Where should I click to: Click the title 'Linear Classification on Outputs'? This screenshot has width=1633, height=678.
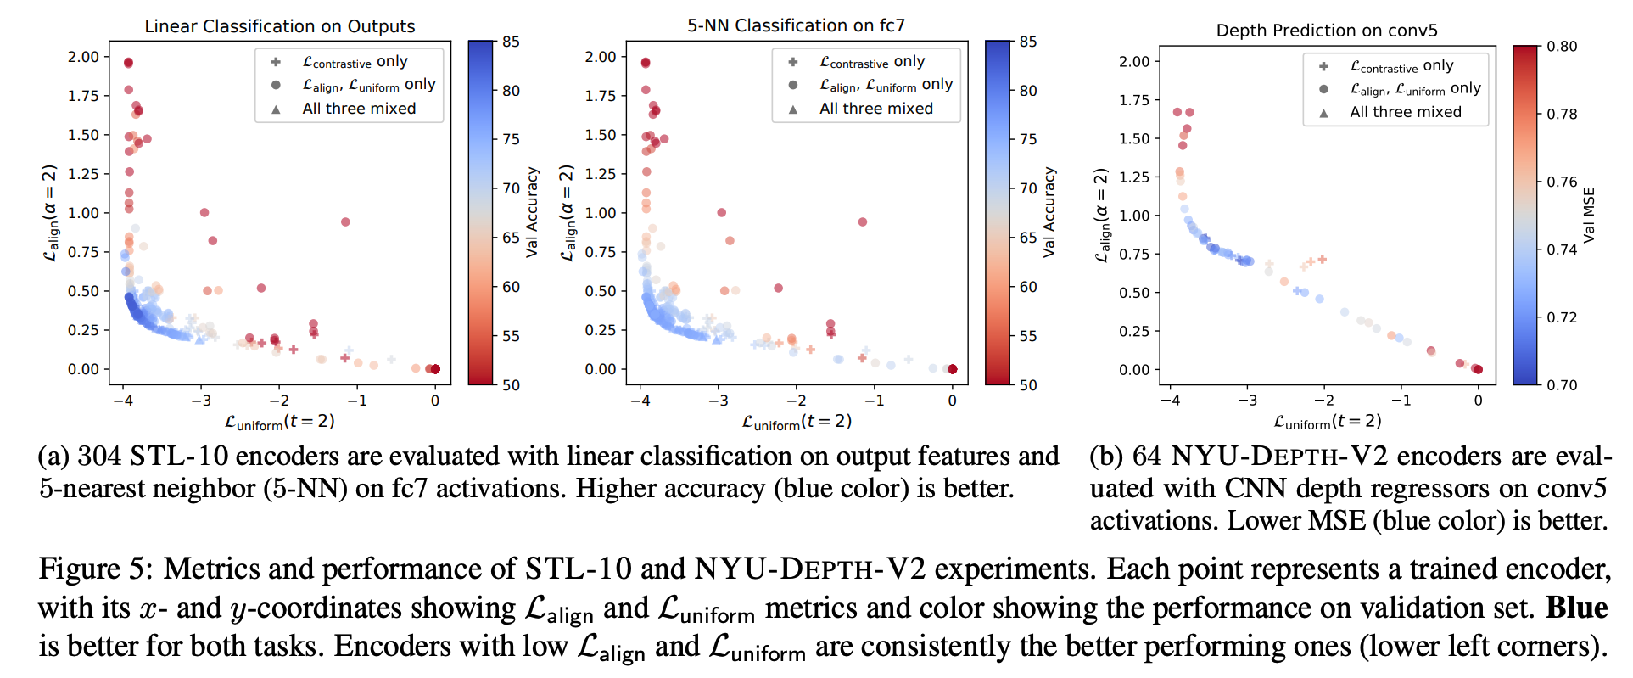pos(279,26)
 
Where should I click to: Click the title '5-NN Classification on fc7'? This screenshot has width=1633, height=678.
pos(796,25)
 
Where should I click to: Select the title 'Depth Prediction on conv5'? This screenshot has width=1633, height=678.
pos(1327,31)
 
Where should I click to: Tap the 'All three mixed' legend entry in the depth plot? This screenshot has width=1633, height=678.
pos(1405,112)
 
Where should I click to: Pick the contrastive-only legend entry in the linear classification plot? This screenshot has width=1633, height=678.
pos(355,62)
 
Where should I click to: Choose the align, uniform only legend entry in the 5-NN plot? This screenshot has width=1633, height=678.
pos(885,85)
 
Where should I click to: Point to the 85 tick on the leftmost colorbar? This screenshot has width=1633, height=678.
pos(511,42)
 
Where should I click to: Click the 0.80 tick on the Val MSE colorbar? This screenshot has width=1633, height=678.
pos(1562,47)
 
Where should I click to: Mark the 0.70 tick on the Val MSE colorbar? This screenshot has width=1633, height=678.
pos(1562,385)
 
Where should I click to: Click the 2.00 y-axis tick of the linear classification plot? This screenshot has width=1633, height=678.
pos(83,57)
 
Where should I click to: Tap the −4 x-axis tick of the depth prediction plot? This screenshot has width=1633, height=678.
pos(1169,401)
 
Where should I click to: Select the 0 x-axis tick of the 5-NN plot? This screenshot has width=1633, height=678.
pos(952,401)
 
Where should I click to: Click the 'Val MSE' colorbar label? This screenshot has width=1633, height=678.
pos(1589,215)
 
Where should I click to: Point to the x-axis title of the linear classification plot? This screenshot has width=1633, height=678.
pos(279,422)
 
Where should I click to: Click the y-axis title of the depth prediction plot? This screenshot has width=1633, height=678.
pos(1101,215)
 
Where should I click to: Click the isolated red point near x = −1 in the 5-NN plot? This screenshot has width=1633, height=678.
pos(863,222)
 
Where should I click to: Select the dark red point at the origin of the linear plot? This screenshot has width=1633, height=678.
pos(435,369)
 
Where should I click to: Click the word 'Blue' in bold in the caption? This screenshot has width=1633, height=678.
pos(1576,608)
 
